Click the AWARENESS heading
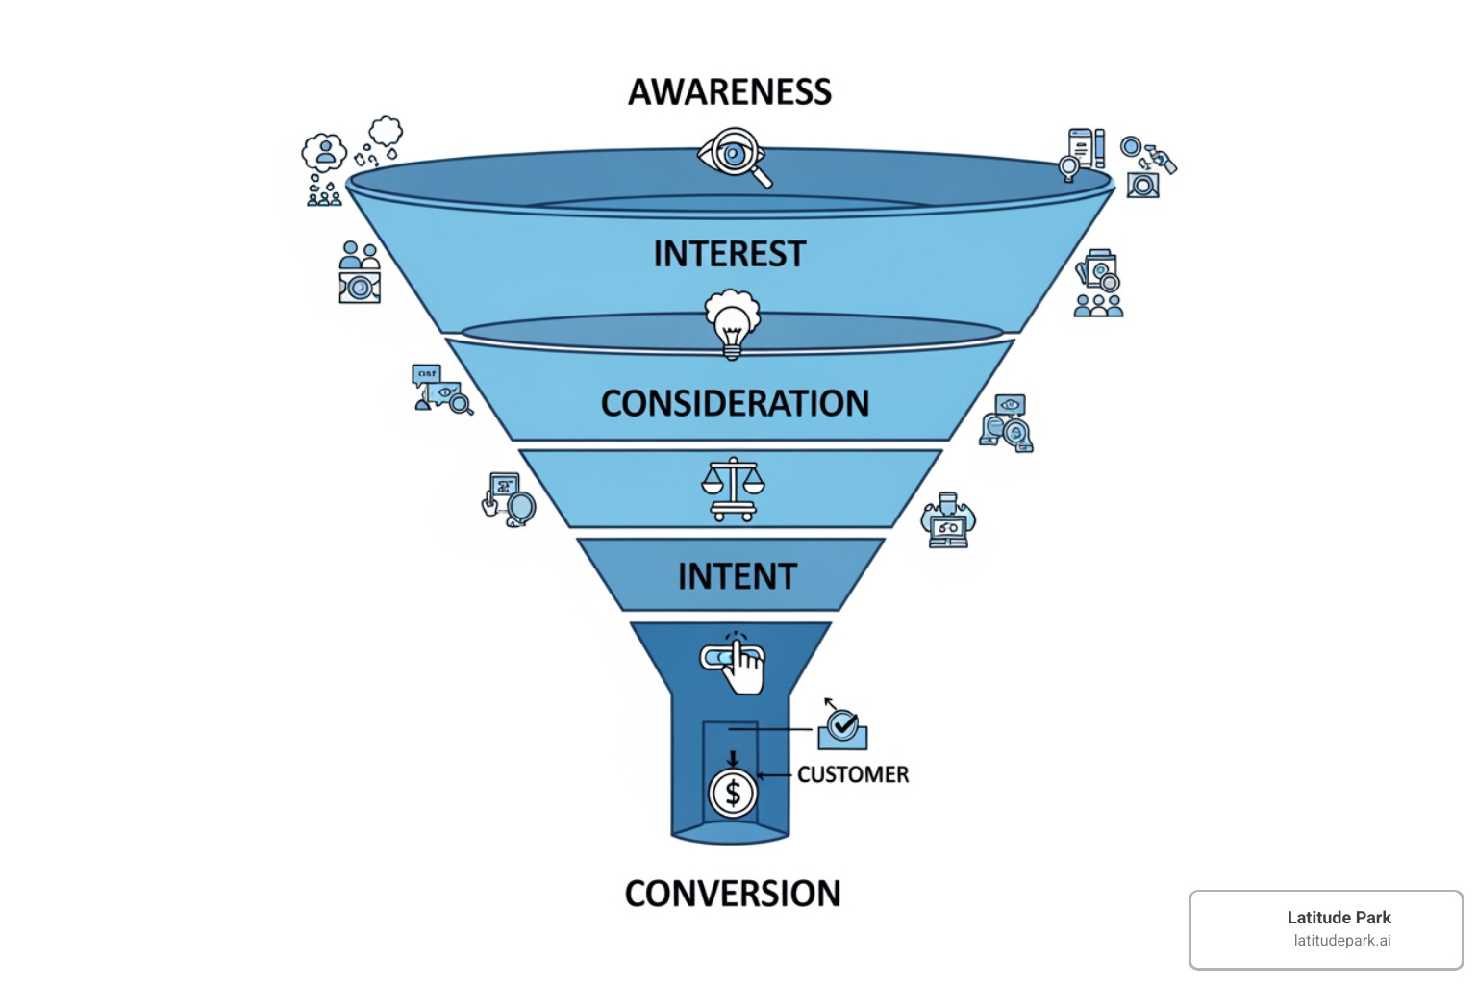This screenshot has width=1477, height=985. [730, 92]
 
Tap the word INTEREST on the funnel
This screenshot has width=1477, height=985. [730, 254]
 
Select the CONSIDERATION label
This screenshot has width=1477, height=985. [735, 403]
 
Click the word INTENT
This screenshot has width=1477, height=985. [738, 576]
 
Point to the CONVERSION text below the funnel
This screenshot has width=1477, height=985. [733, 894]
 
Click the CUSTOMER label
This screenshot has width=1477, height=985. [853, 774]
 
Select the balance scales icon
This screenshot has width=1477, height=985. [733, 489]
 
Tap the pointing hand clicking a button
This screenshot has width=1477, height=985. [736, 662]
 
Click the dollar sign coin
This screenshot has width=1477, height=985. [733, 794]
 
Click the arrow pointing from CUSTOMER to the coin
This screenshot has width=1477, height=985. [774, 774]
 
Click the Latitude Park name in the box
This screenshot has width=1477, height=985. [1339, 918]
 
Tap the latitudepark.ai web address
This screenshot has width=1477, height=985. [1341, 941]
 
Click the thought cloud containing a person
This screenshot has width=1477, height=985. [324, 152]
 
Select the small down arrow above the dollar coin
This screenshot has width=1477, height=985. [733, 759]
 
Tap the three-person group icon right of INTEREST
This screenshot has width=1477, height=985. [1098, 305]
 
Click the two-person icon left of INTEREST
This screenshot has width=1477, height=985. [360, 256]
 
